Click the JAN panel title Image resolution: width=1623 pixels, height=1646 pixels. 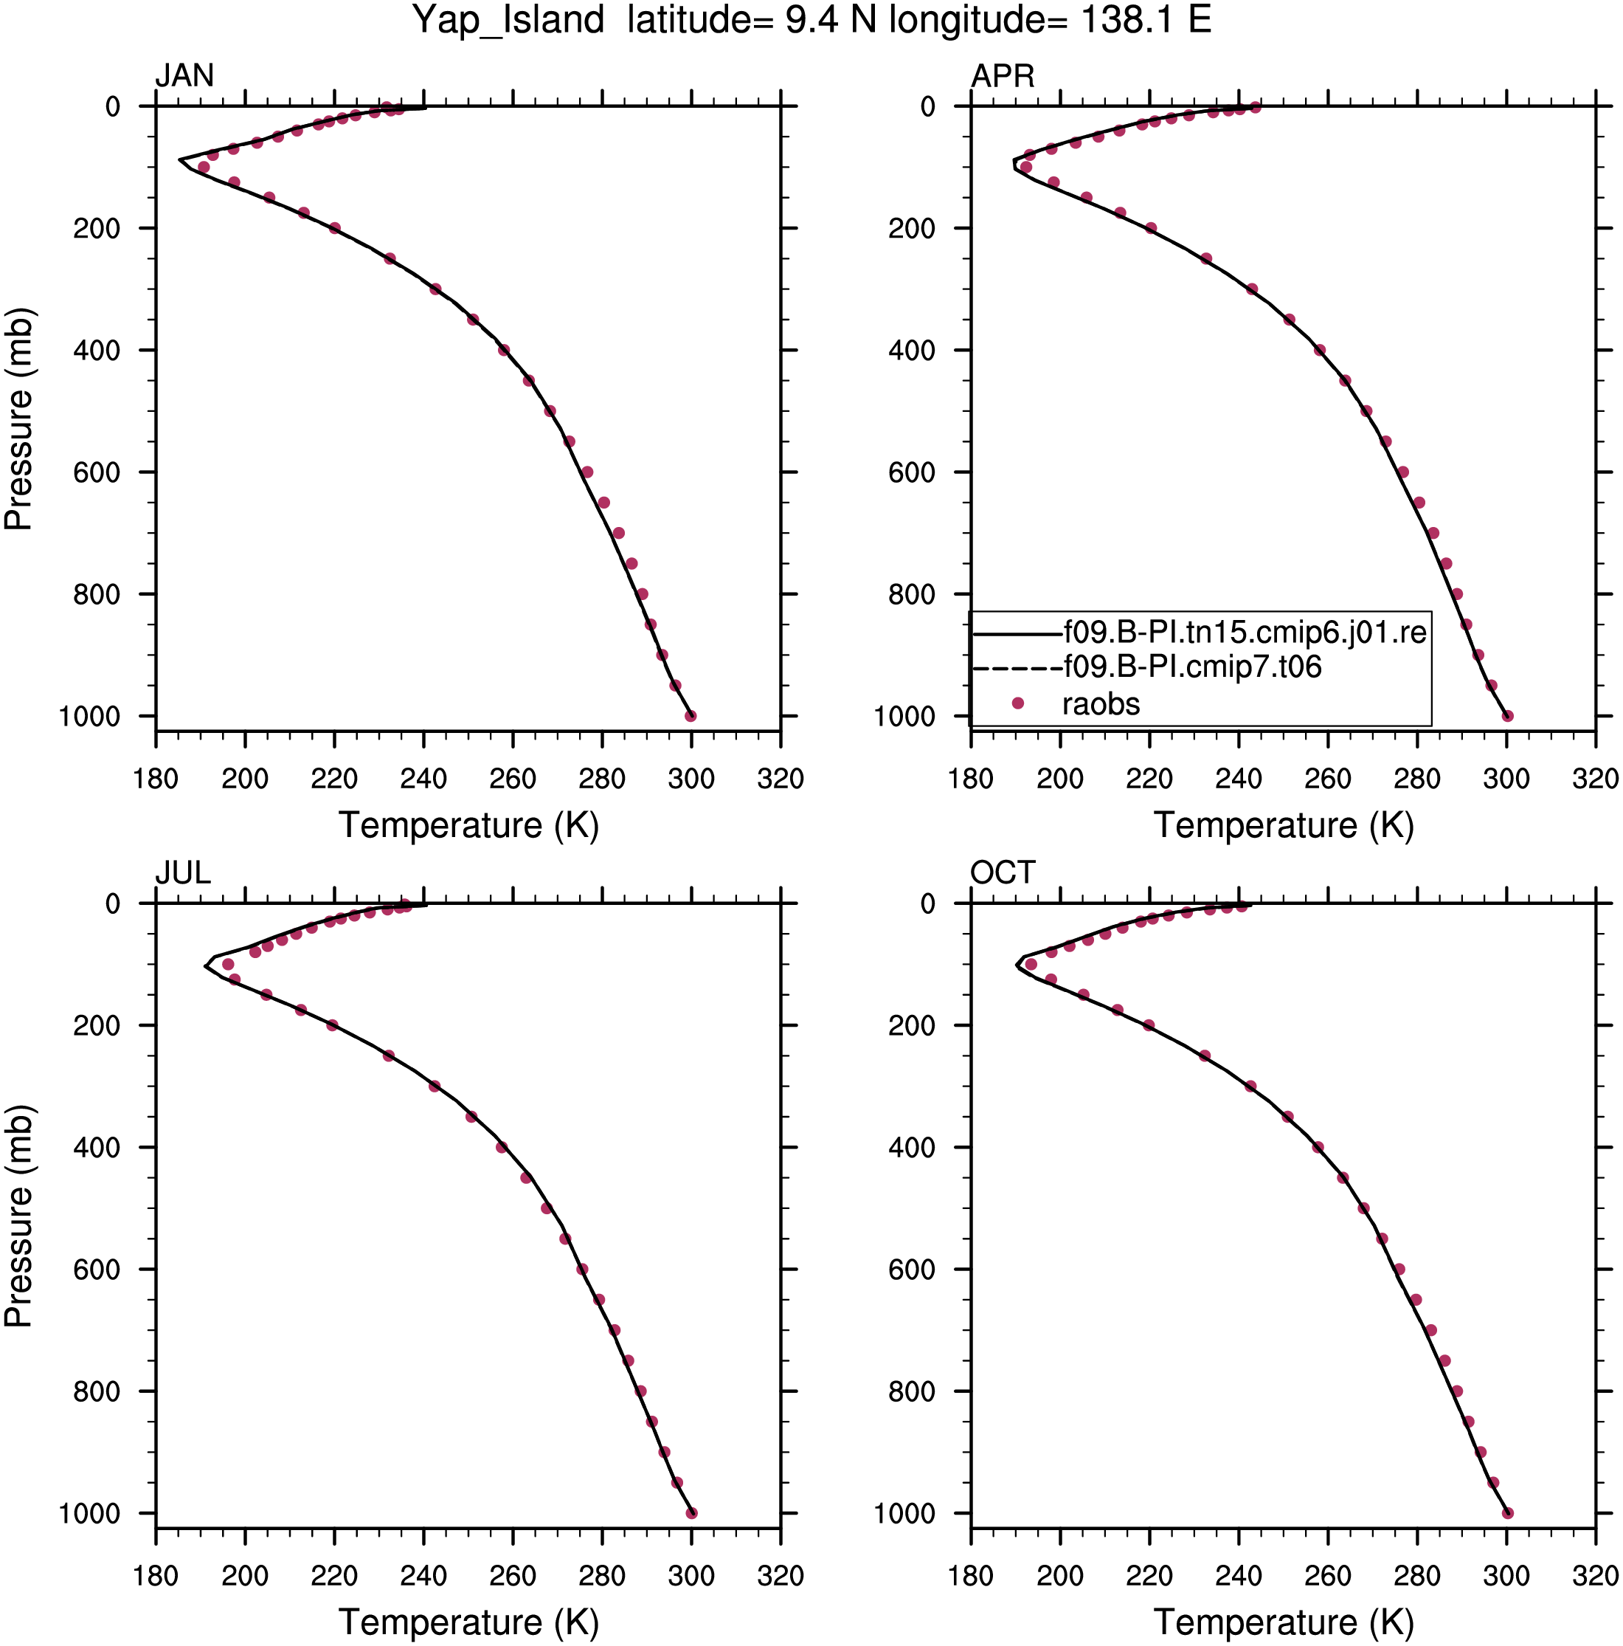[184, 76]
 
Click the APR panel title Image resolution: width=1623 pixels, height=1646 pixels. [1003, 76]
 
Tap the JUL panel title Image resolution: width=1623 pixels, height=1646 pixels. [182, 872]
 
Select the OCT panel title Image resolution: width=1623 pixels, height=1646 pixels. [1003, 872]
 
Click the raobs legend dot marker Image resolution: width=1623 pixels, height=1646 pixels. [1017, 703]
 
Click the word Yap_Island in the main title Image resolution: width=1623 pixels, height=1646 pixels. [508, 21]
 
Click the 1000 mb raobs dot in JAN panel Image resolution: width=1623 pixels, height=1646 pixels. [691, 716]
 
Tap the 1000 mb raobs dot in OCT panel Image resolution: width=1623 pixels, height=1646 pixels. [1507, 1513]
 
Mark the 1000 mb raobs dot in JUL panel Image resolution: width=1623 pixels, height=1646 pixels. [691, 1513]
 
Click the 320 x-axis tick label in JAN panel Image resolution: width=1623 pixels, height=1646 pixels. [780, 779]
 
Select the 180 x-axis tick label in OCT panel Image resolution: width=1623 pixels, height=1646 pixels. [971, 1576]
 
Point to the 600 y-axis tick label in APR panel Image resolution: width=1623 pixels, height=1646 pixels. [912, 472]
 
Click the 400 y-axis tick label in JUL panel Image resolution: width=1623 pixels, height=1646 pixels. [96, 1148]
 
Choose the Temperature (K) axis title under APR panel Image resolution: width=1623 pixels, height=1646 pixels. [1283, 825]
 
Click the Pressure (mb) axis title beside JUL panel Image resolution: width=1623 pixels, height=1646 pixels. [18, 1216]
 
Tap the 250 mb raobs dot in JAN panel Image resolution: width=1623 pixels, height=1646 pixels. [389, 258]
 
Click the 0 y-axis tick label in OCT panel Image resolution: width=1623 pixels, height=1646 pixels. [927, 904]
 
